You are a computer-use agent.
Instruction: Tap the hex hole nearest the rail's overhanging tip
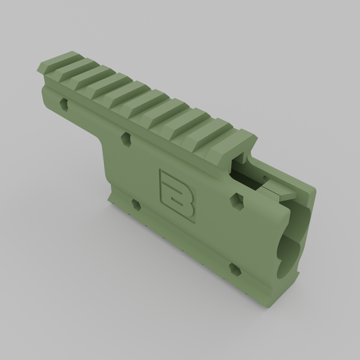pyautogui.click(x=64, y=103)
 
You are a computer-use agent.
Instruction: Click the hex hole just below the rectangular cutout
pyautogui.click(x=238, y=201)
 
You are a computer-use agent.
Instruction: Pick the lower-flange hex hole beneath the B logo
pyautogui.click(x=135, y=205)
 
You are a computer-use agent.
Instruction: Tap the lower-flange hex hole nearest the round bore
pyautogui.click(x=234, y=268)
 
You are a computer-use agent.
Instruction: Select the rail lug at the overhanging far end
pyautogui.click(x=61, y=64)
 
